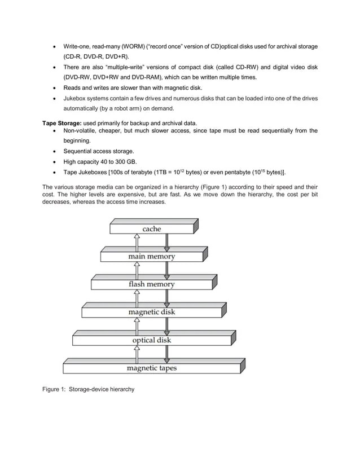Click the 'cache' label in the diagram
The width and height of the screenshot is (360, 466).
tap(151, 229)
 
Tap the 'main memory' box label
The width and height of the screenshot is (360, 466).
tap(151, 257)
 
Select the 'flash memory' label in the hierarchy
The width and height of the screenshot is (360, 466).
tap(151, 284)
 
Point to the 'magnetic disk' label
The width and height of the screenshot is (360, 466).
tap(151, 312)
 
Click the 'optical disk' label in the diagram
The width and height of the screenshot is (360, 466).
tap(151, 340)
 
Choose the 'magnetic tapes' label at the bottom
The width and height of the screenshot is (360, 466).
tap(151, 368)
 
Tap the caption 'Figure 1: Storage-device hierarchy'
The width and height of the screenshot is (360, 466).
tap(89, 389)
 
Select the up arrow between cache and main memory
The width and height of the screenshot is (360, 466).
tap(136, 243)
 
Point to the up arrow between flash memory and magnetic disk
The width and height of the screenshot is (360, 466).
tap(136, 298)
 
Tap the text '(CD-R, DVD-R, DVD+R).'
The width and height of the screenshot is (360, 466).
tap(95, 56)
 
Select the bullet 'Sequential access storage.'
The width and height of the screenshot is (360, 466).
tap(98, 151)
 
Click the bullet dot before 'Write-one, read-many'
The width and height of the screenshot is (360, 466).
tap(54, 46)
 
